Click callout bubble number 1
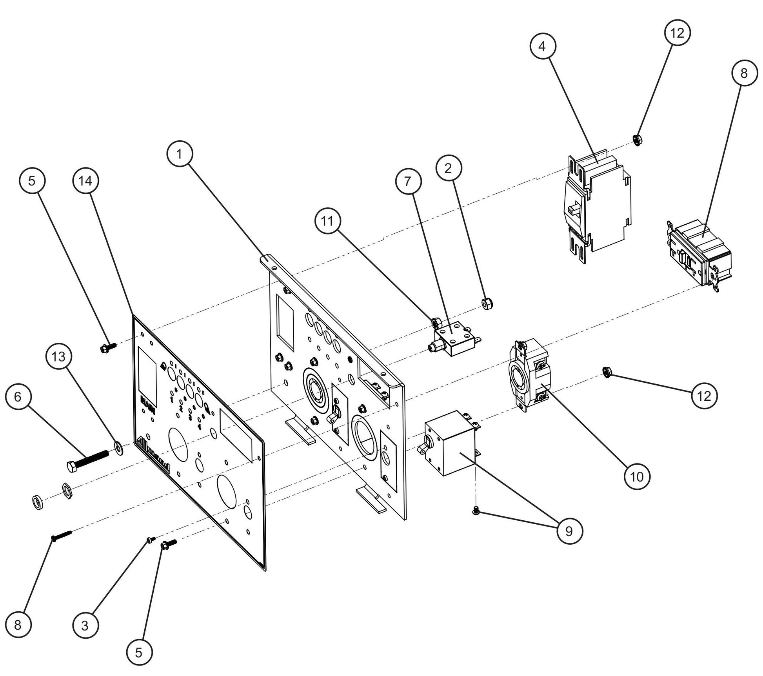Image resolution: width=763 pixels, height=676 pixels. point(180,154)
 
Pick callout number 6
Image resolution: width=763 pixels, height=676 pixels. point(18,397)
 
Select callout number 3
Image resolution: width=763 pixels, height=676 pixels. point(85,626)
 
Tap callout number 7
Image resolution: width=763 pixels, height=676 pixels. point(408,182)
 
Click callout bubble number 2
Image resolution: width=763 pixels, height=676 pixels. point(449,168)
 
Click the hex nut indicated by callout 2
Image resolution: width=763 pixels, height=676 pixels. point(487,303)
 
